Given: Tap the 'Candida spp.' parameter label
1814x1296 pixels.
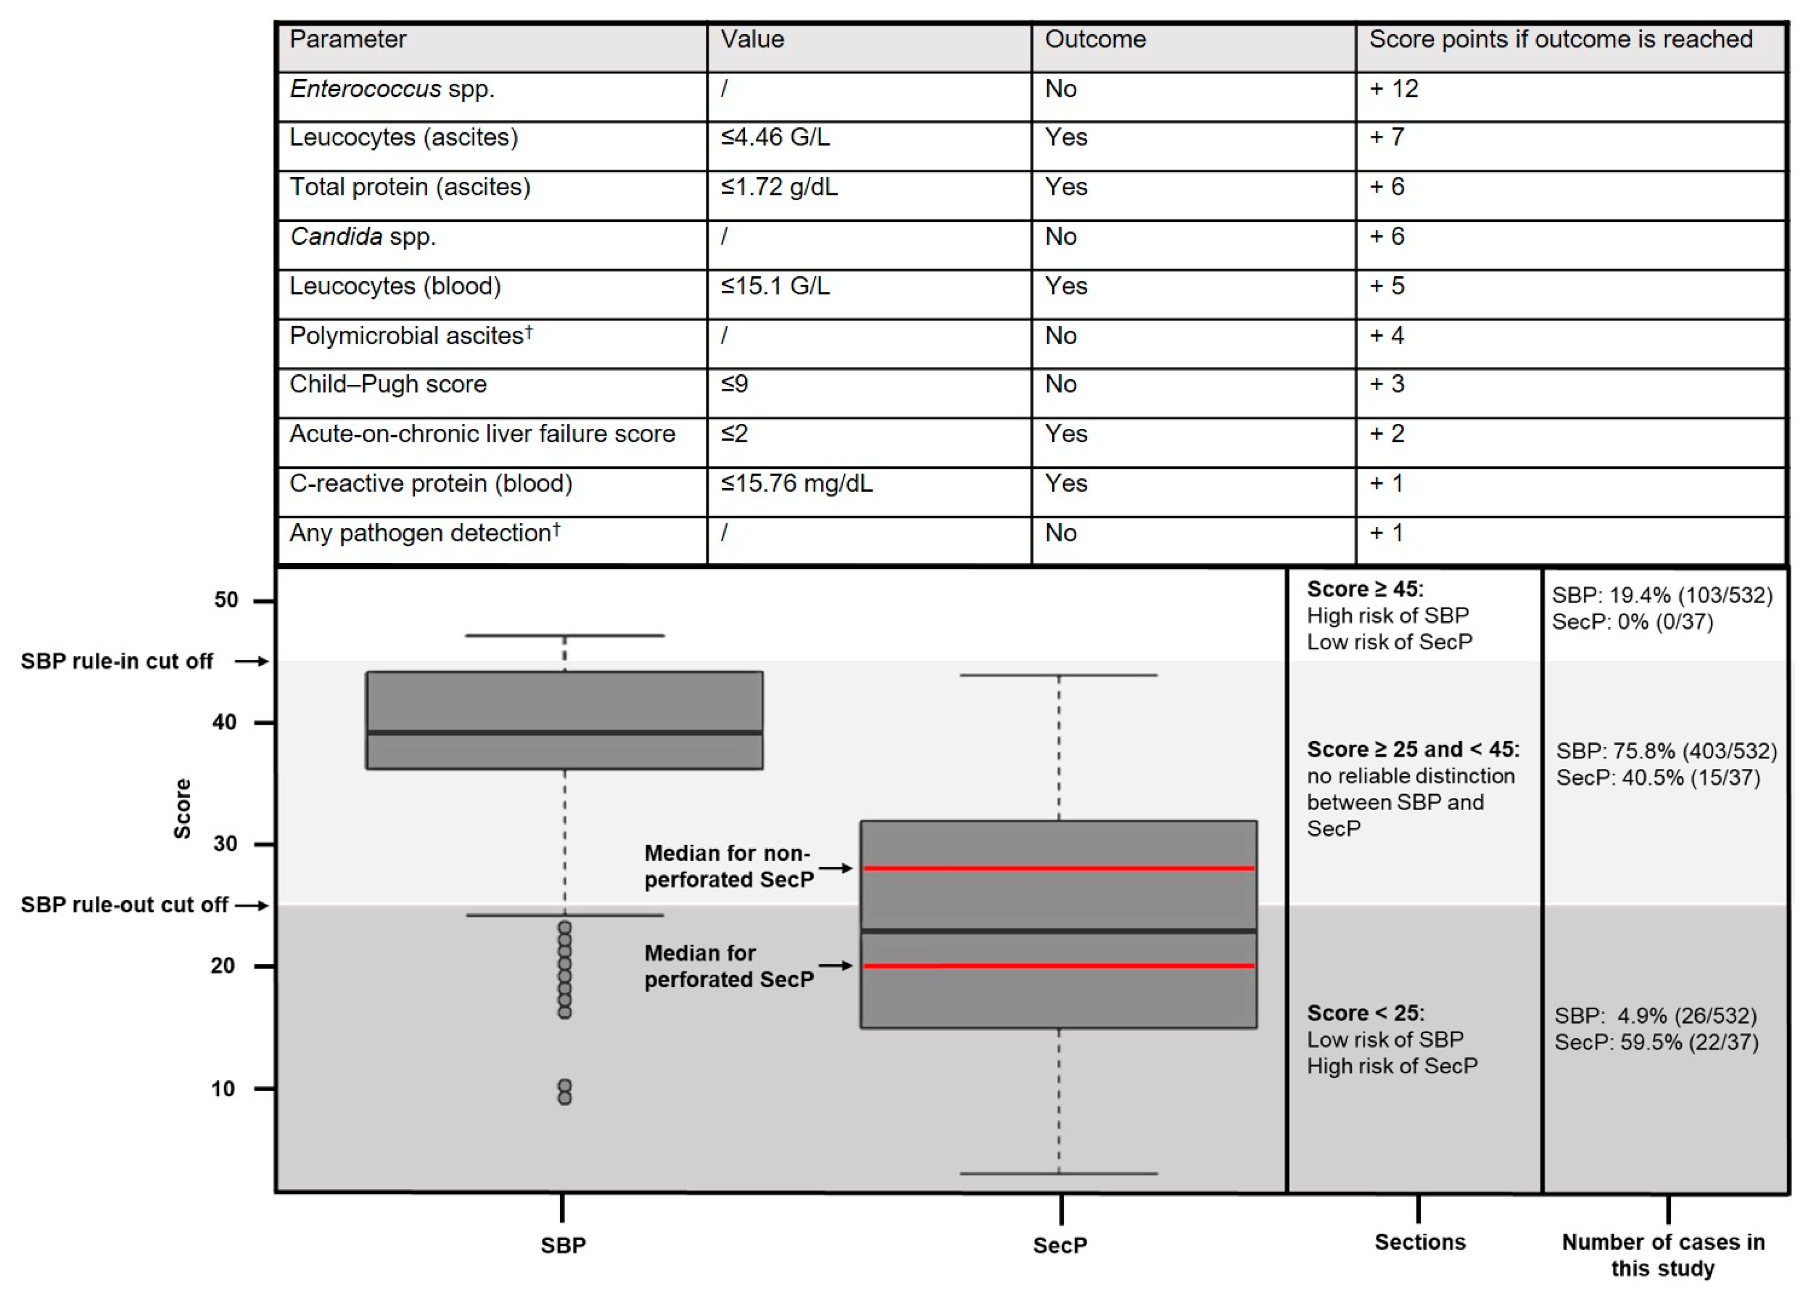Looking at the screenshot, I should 363,237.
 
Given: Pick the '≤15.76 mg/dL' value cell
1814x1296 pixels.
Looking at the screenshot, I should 796,484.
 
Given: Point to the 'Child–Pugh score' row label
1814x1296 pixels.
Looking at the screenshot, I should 388,385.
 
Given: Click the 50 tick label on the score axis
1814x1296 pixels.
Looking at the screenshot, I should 226,600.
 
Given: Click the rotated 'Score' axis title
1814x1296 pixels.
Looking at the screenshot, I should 183,808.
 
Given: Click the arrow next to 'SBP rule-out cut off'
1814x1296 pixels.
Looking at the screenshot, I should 252,905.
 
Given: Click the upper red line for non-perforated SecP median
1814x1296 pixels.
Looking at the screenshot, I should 1058,868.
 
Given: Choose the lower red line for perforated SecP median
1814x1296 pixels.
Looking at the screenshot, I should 1058,966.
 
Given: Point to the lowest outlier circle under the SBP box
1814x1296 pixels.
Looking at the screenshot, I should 564,1099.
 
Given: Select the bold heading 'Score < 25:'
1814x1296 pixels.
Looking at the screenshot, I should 1365,1014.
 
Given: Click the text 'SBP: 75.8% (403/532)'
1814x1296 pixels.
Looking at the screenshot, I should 1666,751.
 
